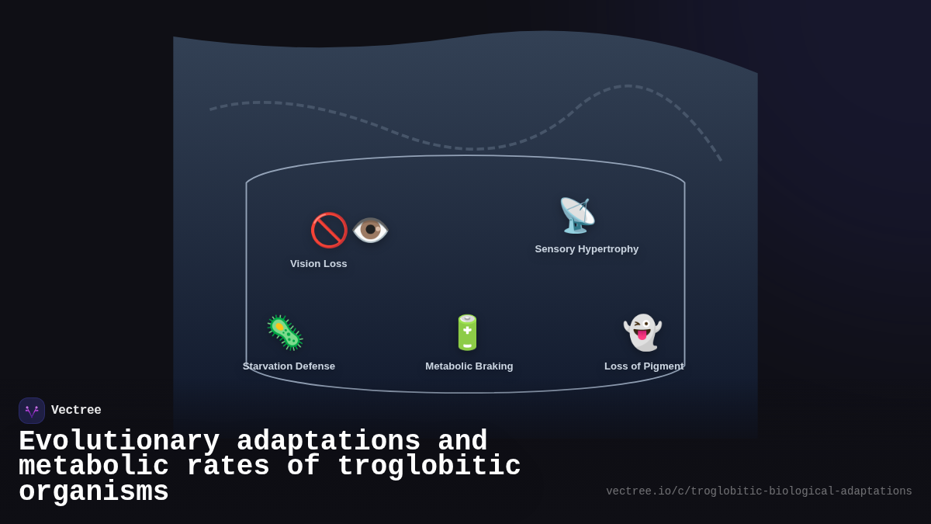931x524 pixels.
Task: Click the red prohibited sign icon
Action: pyautogui.click(x=329, y=230)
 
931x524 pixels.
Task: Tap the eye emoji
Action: pyautogui.click(x=370, y=230)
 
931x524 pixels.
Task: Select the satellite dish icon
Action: pyautogui.click(x=577, y=215)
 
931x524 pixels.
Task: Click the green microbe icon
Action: pyautogui.click(x=285, y=332)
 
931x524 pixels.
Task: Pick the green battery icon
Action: pyautogui.click(x=467, y=332)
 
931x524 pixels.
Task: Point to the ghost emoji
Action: pyautogui.click(x=642, y=332)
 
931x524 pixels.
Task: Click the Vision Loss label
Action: pyautogui.click(x=319, y=264)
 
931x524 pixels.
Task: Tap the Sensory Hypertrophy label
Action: pyautogui.click(x=587, y=249)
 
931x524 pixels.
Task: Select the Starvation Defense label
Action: pyautogui.click(x=289, y=366)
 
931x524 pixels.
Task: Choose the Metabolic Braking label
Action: pyautogui.click(x=469, y=366)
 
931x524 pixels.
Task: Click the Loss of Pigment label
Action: pyautogui.click(x=644, y=366)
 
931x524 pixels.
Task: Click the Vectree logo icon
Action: pyautogui.click(x=32, y=411)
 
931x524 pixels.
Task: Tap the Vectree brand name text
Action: pyautogui.click(x=76, y=411)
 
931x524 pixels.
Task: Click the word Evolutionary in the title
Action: pyautogui.click(x=119, y=442)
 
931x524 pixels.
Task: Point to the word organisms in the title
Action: pyautogui.click(x=94, y=492)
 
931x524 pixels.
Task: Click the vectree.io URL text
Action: pyautogui.click(x=759, y=491)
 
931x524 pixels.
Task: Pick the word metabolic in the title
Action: pyautogui.click(x=94, y=467)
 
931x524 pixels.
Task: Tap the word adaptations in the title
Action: pyautogui.click(x=328, y=442)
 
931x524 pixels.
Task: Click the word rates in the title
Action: pyautogui.click(x=228, y=467)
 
